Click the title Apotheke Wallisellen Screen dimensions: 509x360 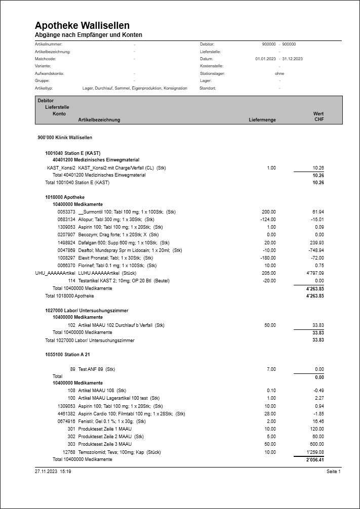pyautogui.click(x=82, y=25)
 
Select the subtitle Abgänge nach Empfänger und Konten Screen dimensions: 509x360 pyautogui.click(x=89, y=35)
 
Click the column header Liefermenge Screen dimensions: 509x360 pyautogui.click(x=262, y=120)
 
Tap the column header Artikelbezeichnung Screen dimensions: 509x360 pyautogui.click(x=99, y=120)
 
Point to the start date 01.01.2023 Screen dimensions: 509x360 pyautogui.click(x=266, y=59)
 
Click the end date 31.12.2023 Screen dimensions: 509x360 pyautogui.click(x=292, y=59)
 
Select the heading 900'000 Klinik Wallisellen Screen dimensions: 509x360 pyautogui.click(x=65, y=138)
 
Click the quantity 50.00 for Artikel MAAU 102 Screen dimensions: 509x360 pyautogui.click(x=269, y=325)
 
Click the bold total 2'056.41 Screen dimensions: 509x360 pyautogui.click(x=314, y=460)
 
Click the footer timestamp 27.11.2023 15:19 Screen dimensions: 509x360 pyautogui.click(x=53, y=471)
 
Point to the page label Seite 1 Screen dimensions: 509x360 pyautogui.click(x=334, y=471)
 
